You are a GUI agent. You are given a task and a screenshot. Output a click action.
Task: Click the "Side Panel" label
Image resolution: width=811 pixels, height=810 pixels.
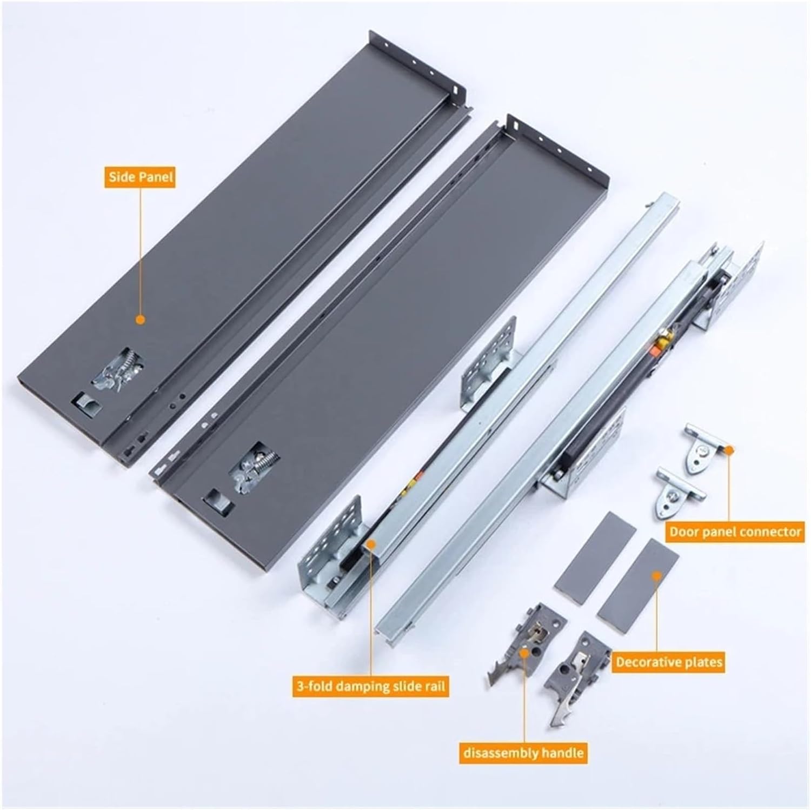point(141,177)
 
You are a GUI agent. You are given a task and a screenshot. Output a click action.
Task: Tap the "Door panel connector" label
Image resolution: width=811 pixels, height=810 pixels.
point(735,532)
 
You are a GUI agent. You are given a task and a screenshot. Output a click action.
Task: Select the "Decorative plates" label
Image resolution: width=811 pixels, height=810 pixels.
point(669,661)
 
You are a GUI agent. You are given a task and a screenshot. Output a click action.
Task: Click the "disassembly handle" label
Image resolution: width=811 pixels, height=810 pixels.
point(523,752)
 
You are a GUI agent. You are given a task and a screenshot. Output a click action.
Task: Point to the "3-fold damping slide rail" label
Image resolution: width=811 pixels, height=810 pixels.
point(370,687)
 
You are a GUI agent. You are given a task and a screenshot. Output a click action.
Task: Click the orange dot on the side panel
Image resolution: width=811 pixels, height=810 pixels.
point(140,320)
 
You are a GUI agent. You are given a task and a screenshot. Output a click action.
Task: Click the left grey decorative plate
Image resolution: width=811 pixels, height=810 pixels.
point(595,550)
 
